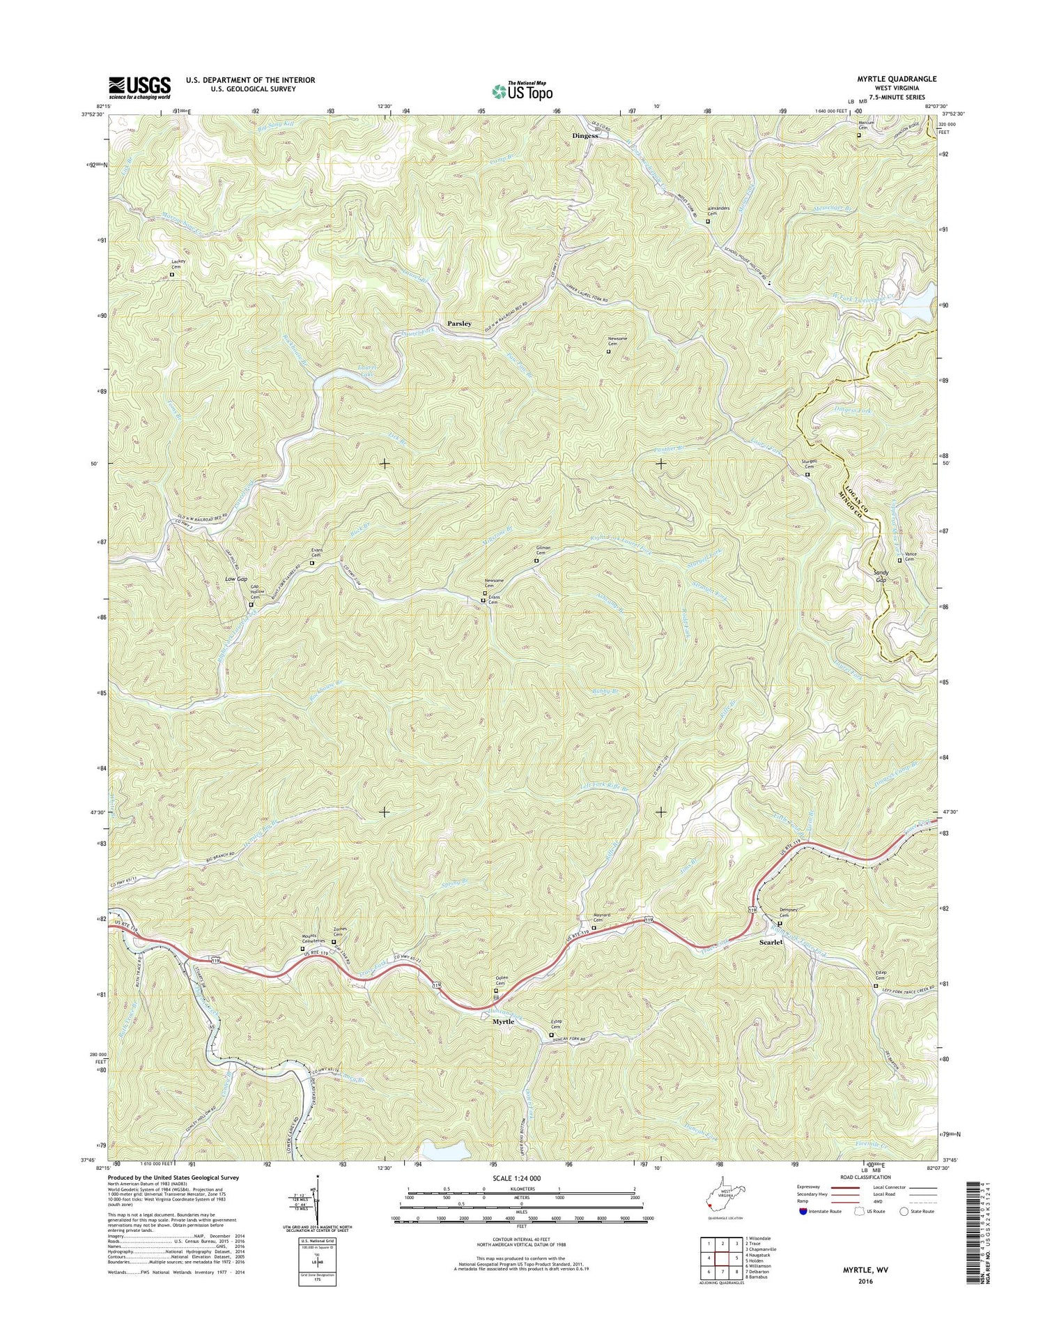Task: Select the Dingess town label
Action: tap(585, 136)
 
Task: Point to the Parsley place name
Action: tap(459, 323)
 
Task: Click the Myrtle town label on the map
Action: tap(503, 1021)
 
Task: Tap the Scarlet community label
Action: tap(771, 942)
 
